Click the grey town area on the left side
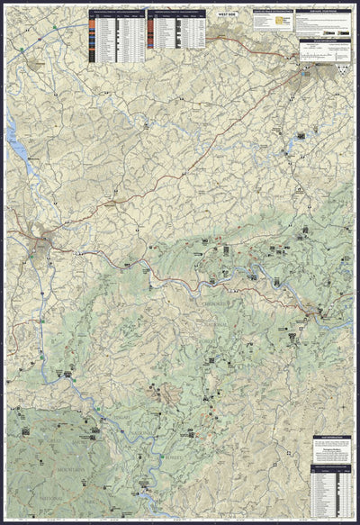tap(42, 241)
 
